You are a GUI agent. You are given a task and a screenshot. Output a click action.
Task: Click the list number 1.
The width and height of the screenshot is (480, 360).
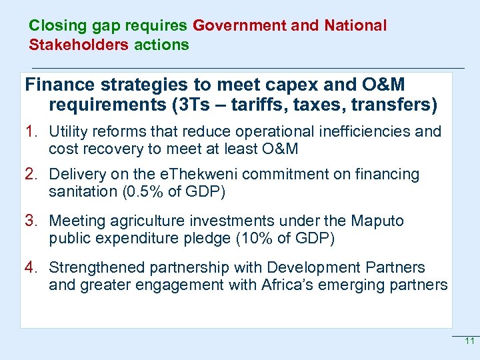31,131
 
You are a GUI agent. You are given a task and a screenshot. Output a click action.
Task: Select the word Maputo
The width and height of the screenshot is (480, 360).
379,221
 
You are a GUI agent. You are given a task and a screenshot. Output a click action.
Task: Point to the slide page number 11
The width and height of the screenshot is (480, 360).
469,341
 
